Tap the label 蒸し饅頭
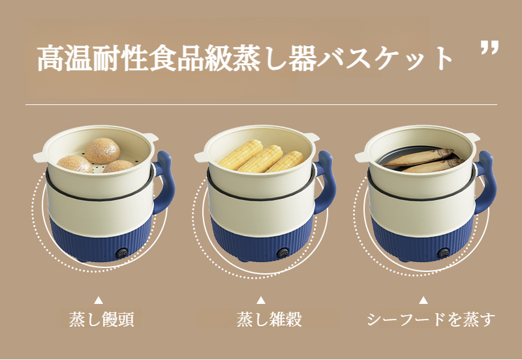pyautogui.click(x=100, y=320)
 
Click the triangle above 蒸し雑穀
pyautogui.click(x=260, y=301)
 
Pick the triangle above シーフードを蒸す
pyautogui.click(x=423, y=301)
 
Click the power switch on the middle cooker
pyautogui.click(x=283, y=252)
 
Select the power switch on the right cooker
pyautogui.click(x=444, y=252)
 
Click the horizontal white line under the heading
pyautogui.click(x=261, y=104)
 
